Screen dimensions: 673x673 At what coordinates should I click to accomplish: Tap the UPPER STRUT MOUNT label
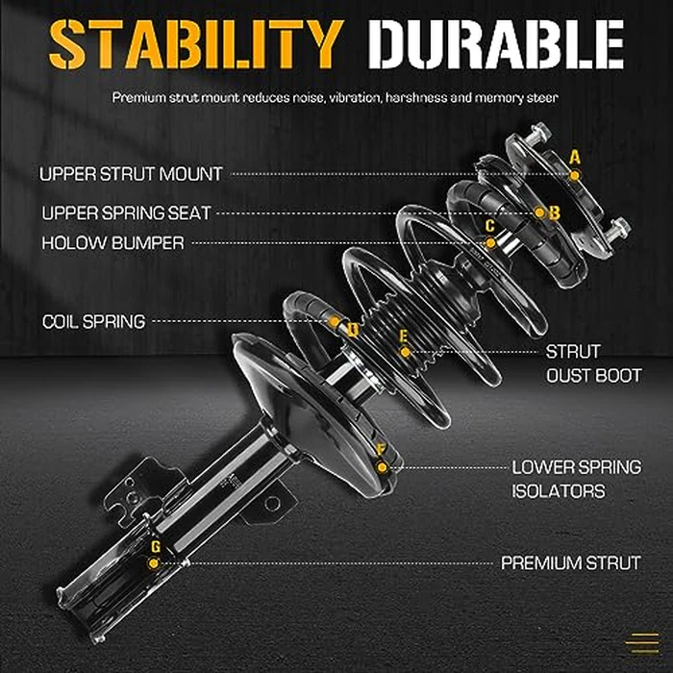[131, 174]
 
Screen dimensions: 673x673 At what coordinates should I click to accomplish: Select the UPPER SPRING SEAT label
[125, 212]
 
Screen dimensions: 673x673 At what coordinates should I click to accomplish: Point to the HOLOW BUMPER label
[112, 243]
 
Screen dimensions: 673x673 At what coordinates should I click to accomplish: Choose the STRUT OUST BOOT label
[593, 363]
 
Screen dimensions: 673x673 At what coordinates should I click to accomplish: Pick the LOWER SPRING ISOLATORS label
[576, 479]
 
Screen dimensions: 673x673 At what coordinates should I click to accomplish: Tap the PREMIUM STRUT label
[571, 563]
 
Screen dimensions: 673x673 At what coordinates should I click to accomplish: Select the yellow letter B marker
[554, 212]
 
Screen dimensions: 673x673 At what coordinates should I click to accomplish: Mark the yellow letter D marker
[353, 330]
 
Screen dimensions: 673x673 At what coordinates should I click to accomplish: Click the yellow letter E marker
[404, 336]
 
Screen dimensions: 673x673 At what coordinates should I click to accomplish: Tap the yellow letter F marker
[382, 450]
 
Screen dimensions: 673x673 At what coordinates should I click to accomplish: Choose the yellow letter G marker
[155, 547]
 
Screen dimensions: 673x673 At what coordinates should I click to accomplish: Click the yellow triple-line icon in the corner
[641, 641]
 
